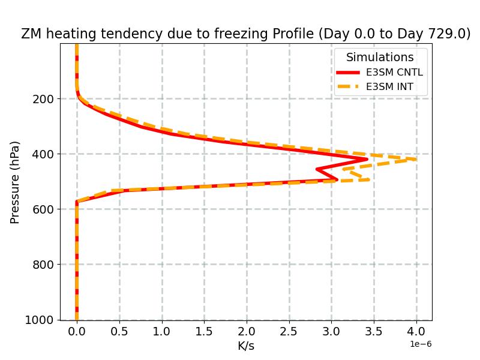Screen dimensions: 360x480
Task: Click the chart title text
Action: (x=246, y=34)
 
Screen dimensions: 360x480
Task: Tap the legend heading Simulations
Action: (x=380, y=58)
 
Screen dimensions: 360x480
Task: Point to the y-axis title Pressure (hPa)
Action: (x=15, y=182)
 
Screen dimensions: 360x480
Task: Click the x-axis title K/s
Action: (x=246, y=346)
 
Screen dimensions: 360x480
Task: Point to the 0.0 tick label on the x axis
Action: (x=77, y=332)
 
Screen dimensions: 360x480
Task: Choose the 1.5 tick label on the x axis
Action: (x=204, y=332)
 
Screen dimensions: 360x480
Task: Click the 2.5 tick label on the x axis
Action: (x=289, y=332)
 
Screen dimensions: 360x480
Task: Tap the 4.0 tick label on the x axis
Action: (x=416, y=332)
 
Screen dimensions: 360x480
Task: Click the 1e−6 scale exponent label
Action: (x=421, y=344)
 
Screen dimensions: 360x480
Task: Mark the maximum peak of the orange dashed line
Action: (x=416, y=159)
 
